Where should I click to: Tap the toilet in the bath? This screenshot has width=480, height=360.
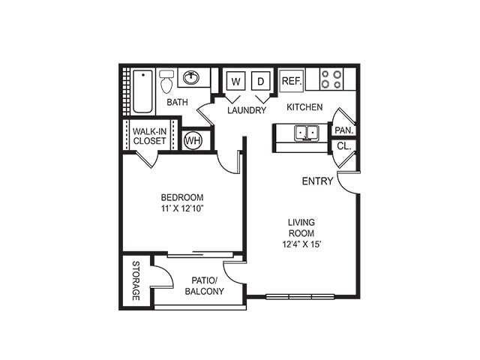[x=166, y=79]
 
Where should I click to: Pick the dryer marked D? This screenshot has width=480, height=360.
[x=260, y=81]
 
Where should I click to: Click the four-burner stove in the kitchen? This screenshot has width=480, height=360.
[x=331, y=79]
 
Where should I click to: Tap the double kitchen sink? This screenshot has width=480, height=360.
[x=306, y=133]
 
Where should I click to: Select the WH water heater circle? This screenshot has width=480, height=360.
[x=193, y=139]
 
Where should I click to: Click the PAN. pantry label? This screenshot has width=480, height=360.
[x=344, y=129]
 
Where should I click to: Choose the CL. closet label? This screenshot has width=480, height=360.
[x=343, y=146]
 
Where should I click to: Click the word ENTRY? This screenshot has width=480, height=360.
[x=317, y=181]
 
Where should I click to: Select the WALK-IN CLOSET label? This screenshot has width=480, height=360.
[x=149, y=135]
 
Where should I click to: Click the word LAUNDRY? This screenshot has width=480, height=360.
[x=247, y=110]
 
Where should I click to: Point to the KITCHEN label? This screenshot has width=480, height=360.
[x=304, y=107]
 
